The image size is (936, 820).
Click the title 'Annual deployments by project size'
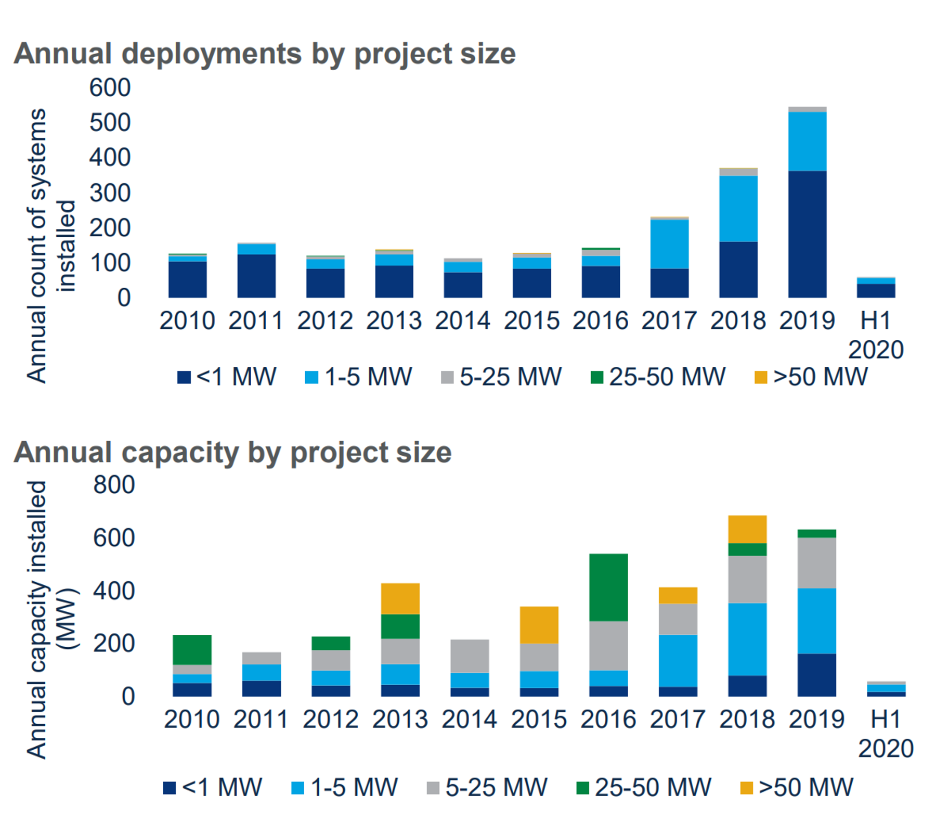(x=264, y=54)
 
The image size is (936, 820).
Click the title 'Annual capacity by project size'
(x=232, y=452)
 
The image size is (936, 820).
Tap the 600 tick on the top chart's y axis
(x=110, y=87)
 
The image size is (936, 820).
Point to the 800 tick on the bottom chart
(x=114, y=485)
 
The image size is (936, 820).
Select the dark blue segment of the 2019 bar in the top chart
(x=807, y=234)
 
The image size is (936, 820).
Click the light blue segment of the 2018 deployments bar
(x=738, y=208)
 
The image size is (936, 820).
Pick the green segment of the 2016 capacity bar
(x=608, y=587)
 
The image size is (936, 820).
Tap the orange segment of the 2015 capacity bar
(x=539, y=624)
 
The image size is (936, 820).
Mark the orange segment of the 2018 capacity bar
(x=747, y=529)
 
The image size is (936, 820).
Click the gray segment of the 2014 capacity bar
(x=470, y=656)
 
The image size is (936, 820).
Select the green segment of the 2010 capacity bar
(x=192, y=649)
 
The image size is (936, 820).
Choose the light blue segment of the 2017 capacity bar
(x=678, y=660)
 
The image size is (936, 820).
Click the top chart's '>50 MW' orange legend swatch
(x=760, y=377)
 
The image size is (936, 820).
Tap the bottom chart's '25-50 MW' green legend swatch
(x=582, y=788)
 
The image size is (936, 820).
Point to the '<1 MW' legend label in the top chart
(x=236, y=377)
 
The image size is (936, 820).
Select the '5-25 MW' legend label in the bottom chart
(x=496, y=787)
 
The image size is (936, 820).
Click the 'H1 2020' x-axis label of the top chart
(x=876, y=335)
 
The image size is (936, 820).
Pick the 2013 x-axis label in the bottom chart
(x=400, y=720)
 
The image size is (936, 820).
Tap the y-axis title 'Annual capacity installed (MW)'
(x=51, y=619)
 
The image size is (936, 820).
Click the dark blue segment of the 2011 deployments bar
(x=256, y=276)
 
